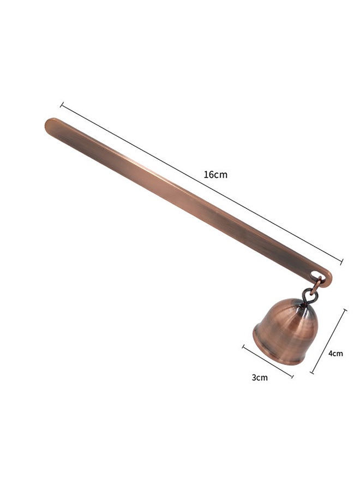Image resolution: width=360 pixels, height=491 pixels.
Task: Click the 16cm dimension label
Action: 215,175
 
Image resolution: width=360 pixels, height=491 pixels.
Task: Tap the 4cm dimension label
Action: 335,353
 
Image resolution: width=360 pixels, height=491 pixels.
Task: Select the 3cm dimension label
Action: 260,378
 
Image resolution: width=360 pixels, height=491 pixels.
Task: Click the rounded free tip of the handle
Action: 49,124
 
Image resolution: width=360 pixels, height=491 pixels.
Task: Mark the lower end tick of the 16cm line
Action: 341,262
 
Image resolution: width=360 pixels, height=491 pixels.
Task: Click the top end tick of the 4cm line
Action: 345,310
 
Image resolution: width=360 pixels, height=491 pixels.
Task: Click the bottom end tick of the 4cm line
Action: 313,373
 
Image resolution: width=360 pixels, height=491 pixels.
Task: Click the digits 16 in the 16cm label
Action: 209,175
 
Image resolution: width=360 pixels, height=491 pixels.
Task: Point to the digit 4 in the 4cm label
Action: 331,353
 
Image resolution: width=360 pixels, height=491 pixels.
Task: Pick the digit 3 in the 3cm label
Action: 254,378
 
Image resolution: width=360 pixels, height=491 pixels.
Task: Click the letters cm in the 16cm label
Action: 220,175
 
